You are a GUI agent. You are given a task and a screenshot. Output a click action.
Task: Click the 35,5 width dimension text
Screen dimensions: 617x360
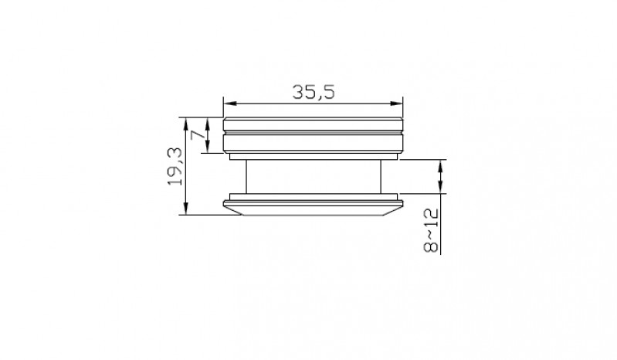[314, 92]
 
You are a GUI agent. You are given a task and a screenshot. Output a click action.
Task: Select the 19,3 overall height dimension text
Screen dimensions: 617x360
[175, 166]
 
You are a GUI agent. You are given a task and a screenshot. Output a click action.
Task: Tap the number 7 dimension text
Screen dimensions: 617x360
[198, 135]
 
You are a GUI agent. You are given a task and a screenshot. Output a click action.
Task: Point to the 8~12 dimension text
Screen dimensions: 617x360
[430, 230]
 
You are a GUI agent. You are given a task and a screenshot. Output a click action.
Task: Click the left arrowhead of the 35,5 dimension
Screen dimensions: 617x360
[230, 104]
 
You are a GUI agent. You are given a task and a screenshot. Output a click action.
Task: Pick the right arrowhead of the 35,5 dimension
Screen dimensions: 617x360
[397, 104]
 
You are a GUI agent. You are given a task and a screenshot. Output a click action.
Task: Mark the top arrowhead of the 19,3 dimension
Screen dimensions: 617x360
[187, 124]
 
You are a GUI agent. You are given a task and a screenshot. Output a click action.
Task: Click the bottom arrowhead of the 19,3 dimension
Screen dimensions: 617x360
[187, 208]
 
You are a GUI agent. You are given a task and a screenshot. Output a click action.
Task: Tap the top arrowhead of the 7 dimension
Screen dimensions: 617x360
[208, 124]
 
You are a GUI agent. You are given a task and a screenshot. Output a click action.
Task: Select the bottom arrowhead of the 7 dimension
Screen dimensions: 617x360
[208, 146]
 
